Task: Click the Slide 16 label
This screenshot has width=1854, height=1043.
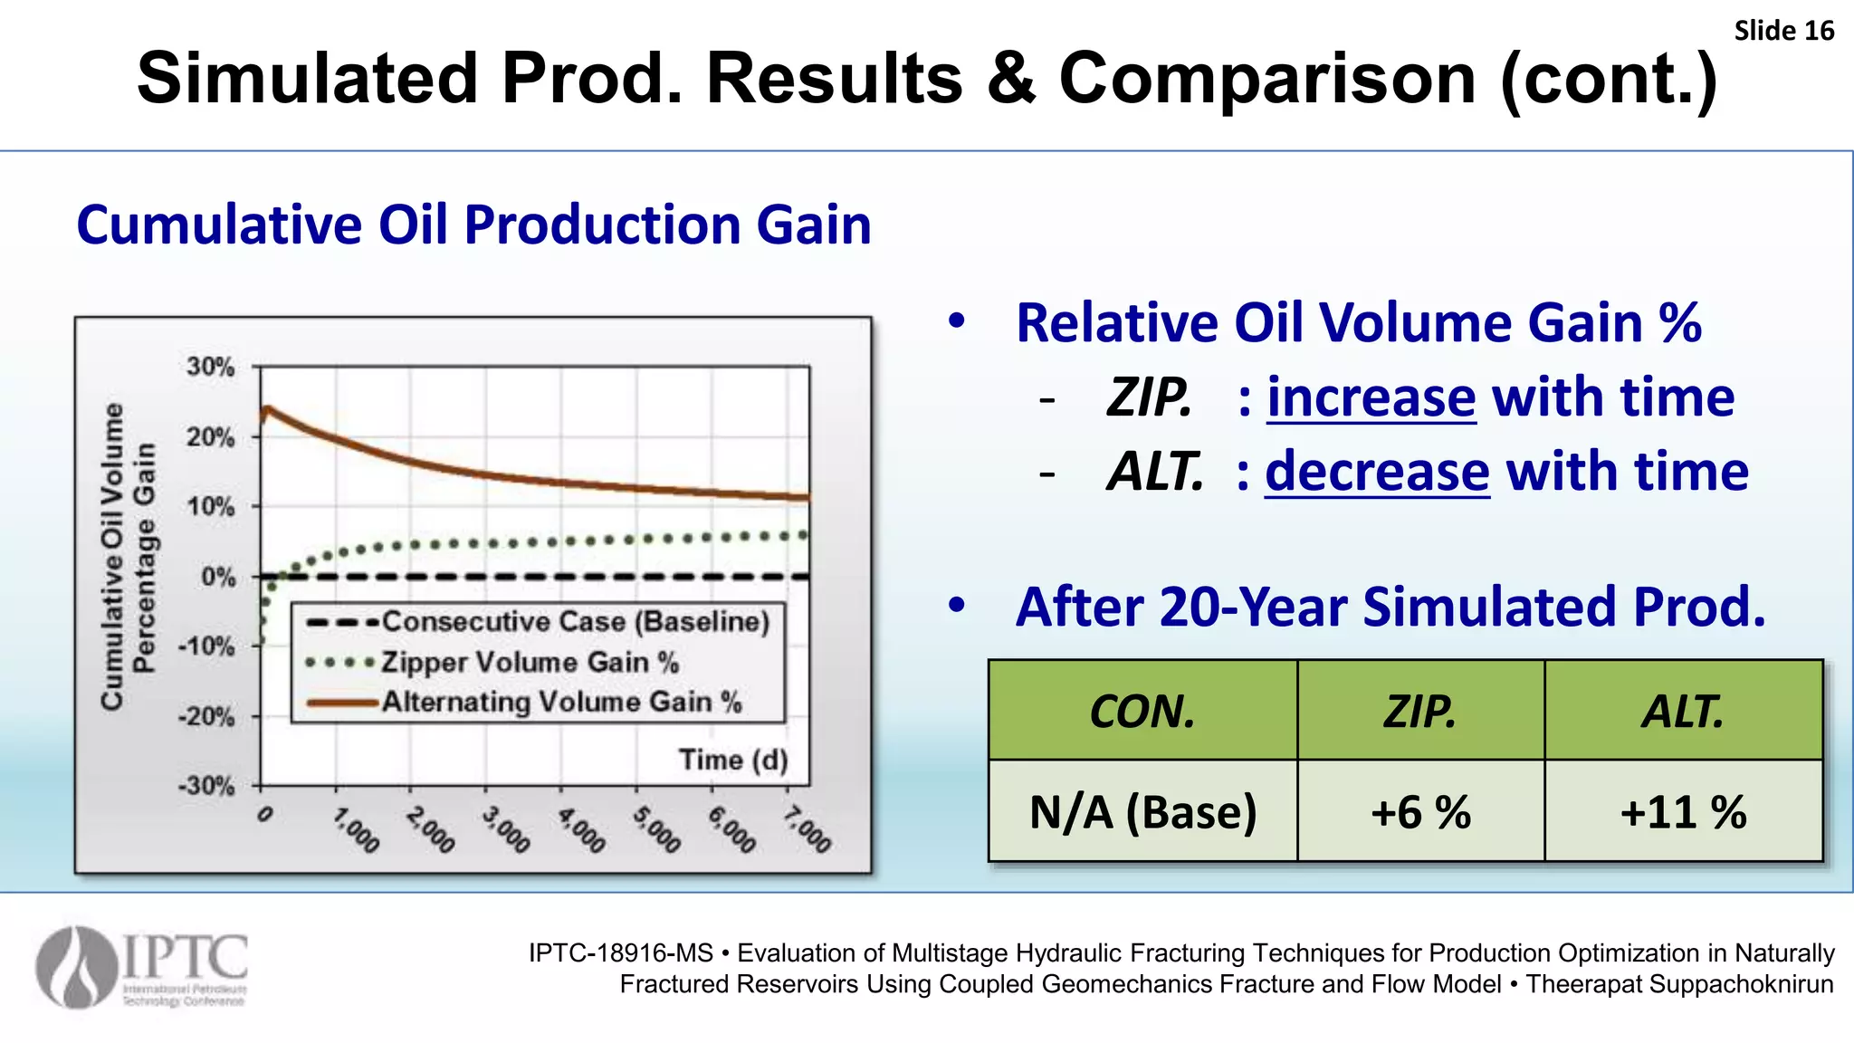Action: (x=1782, y=31)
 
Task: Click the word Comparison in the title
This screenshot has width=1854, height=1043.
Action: (x=1267, y=79)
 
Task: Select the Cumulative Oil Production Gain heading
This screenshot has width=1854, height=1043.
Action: (x=473, y=225)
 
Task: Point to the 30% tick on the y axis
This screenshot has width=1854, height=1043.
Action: (x=210, y=368)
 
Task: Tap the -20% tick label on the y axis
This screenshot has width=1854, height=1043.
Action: (x=206, y=717)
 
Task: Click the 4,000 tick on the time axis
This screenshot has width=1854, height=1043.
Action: (x=581, y=830)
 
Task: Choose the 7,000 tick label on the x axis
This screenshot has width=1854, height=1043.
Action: (x=807, y=829)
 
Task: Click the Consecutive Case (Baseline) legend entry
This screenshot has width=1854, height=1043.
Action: (x=575, y=622)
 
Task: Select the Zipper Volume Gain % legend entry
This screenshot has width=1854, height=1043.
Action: (x=530, y=663)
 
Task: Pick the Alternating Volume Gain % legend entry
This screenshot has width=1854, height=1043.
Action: (x=561, y=703)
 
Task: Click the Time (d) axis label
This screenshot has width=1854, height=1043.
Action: (x=733, y=760)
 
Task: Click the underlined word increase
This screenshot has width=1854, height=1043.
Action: (x=1371, y=397)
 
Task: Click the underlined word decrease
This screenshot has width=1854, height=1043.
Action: (x=1376, y=472)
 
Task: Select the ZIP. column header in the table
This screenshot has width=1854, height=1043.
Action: (x=1419, y=712)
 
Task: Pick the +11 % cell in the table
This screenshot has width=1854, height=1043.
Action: (x=1683, y=812)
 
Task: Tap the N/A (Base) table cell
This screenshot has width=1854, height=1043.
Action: (x=1142, y=812)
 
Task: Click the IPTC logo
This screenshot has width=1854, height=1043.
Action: (x=142, y=968)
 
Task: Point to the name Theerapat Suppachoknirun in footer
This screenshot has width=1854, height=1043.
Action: (x=1679, y=984)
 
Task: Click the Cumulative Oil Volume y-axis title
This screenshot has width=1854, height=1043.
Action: (x=112, y=557)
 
